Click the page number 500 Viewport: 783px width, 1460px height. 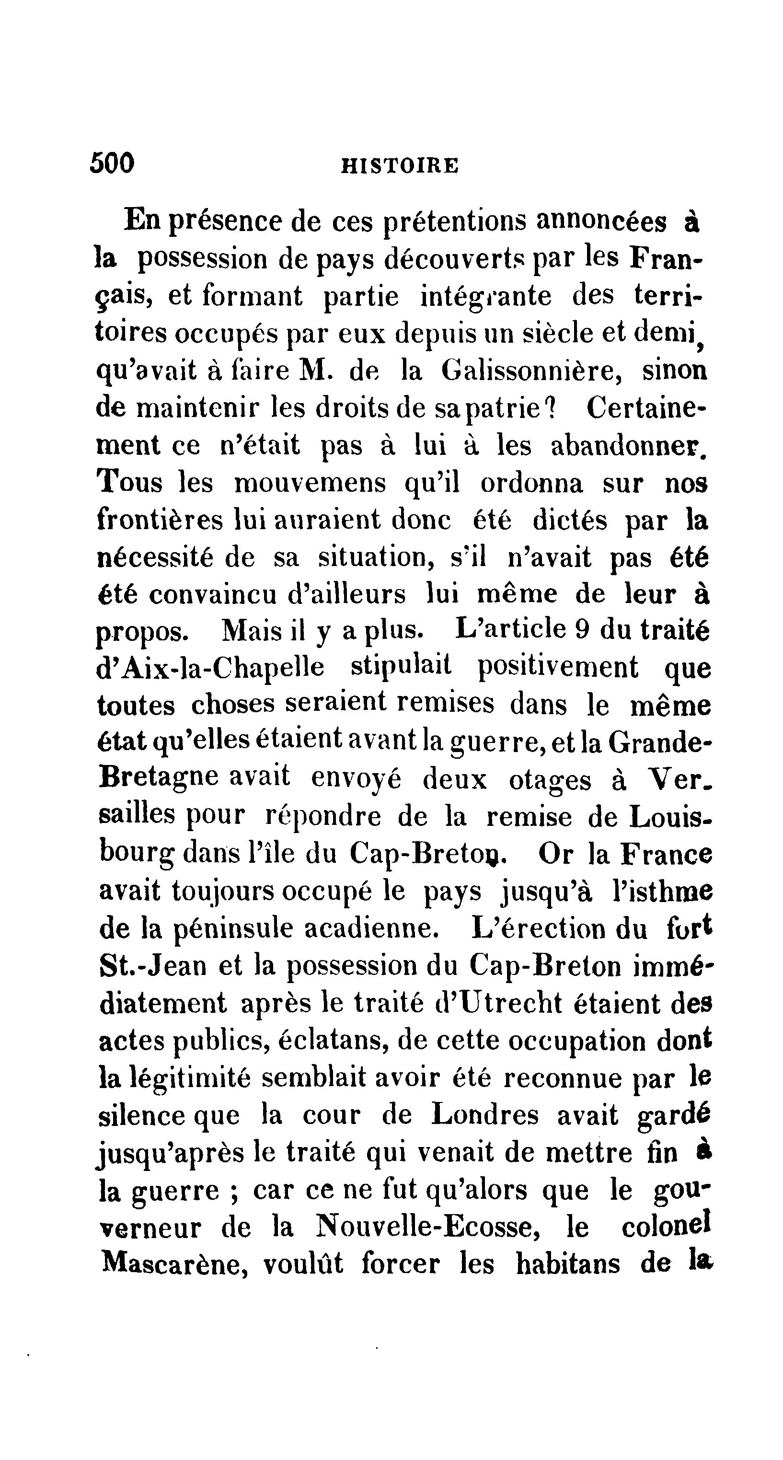pyautogui.click(x=112, y=163)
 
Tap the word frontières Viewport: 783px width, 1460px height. pyautogui.click(x=161, y=520)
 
